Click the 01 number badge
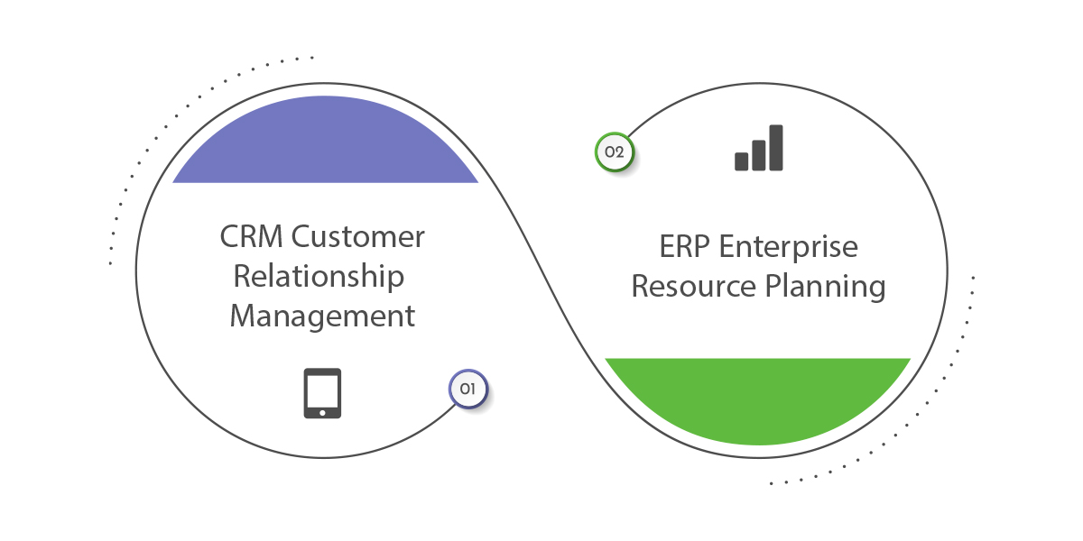point(468,389)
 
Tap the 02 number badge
point(614,152)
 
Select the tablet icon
point(322,393)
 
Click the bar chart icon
point(759,148)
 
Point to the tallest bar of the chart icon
point(776,148)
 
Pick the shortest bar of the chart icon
point(741,161)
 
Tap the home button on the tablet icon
point(322,413)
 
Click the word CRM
point(251,236)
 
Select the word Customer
point(357,236)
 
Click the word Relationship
point(319,276)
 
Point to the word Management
point(322,316)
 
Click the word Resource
point(694,286)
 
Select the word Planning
point(825,287)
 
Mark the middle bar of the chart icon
point(759,155)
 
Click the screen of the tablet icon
point(322,390)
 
